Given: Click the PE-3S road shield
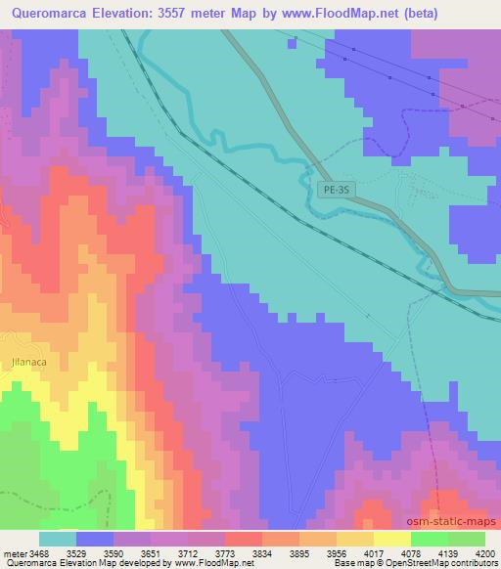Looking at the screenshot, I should (334, 192).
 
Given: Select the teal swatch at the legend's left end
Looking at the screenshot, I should (58, 538).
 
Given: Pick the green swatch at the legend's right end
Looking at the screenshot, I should (467, 538).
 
